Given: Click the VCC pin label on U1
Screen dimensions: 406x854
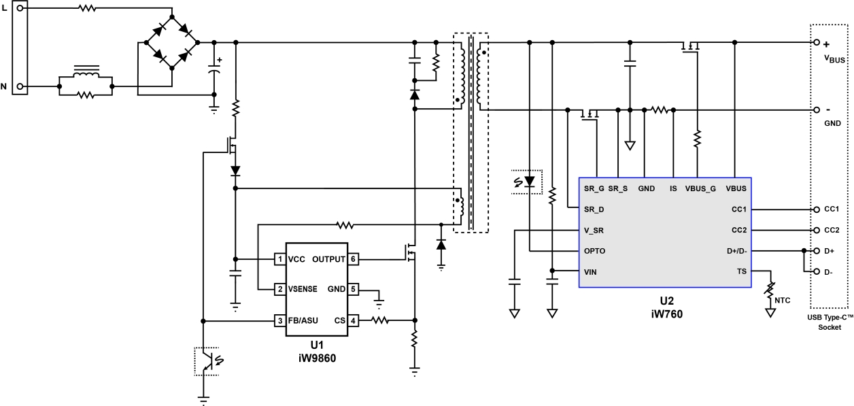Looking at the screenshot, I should point(296,259).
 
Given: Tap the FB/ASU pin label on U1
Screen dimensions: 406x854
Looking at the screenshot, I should point(303,320).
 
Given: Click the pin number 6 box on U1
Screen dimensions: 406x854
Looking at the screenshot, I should point(354,259).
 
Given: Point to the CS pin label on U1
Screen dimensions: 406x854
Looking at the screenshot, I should point(340,320).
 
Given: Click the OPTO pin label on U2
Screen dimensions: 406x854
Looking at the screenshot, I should point(594,250).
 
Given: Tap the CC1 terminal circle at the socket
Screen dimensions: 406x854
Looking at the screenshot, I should point(816,209).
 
